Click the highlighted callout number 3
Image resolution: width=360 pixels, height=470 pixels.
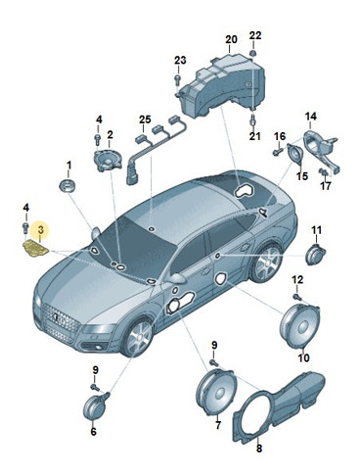40,230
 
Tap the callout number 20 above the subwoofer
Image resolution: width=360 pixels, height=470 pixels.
231,39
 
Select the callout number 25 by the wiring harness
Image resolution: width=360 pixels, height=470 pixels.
145,119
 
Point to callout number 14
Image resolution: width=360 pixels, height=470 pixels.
311,116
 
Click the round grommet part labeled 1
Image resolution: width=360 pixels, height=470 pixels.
67,185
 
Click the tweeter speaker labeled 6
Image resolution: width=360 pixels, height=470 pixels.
94,407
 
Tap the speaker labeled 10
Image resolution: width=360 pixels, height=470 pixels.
300,326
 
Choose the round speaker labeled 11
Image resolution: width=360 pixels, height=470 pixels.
315,255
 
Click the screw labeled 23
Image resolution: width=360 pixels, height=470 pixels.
178,79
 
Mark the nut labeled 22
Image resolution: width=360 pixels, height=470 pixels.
253,53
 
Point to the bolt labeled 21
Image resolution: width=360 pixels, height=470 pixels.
252,120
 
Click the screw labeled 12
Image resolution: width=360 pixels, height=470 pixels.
296,296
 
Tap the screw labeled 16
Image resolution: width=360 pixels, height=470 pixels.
277,151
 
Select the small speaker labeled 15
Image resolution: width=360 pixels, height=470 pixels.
295,154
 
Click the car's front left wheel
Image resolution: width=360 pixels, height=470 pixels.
138,338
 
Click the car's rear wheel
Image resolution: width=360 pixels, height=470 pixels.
267,263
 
